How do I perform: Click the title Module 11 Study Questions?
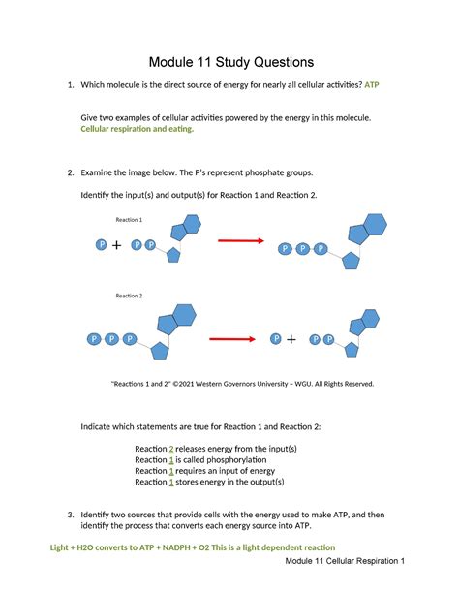point(229,61)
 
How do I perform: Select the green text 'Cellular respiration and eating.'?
point(137,128)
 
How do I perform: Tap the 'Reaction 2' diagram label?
point(129,296)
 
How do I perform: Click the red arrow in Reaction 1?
point(240,240)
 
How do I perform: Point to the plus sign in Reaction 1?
point(117,246)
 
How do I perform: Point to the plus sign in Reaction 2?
point(291,339)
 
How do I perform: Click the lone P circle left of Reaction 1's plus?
point(101,245)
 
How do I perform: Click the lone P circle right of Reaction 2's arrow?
point(277,339)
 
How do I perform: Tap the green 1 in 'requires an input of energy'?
point(171,471)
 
